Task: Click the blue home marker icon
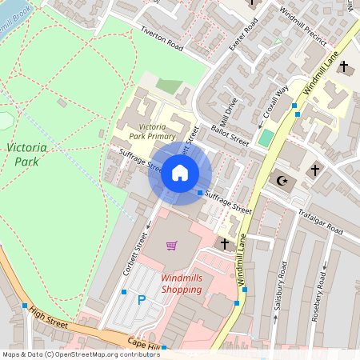pyautogui.click(x=180, y=173)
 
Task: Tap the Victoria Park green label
pyautogui.click(x=26, y=154)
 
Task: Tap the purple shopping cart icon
pyautogui.click(x=170, y=246)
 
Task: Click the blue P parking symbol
pyautogui.click(x=142, y=300)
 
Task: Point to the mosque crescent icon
pyautogui.click(x=282, y=179)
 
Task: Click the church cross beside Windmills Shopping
pyautogui.click(x=224, y=242)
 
